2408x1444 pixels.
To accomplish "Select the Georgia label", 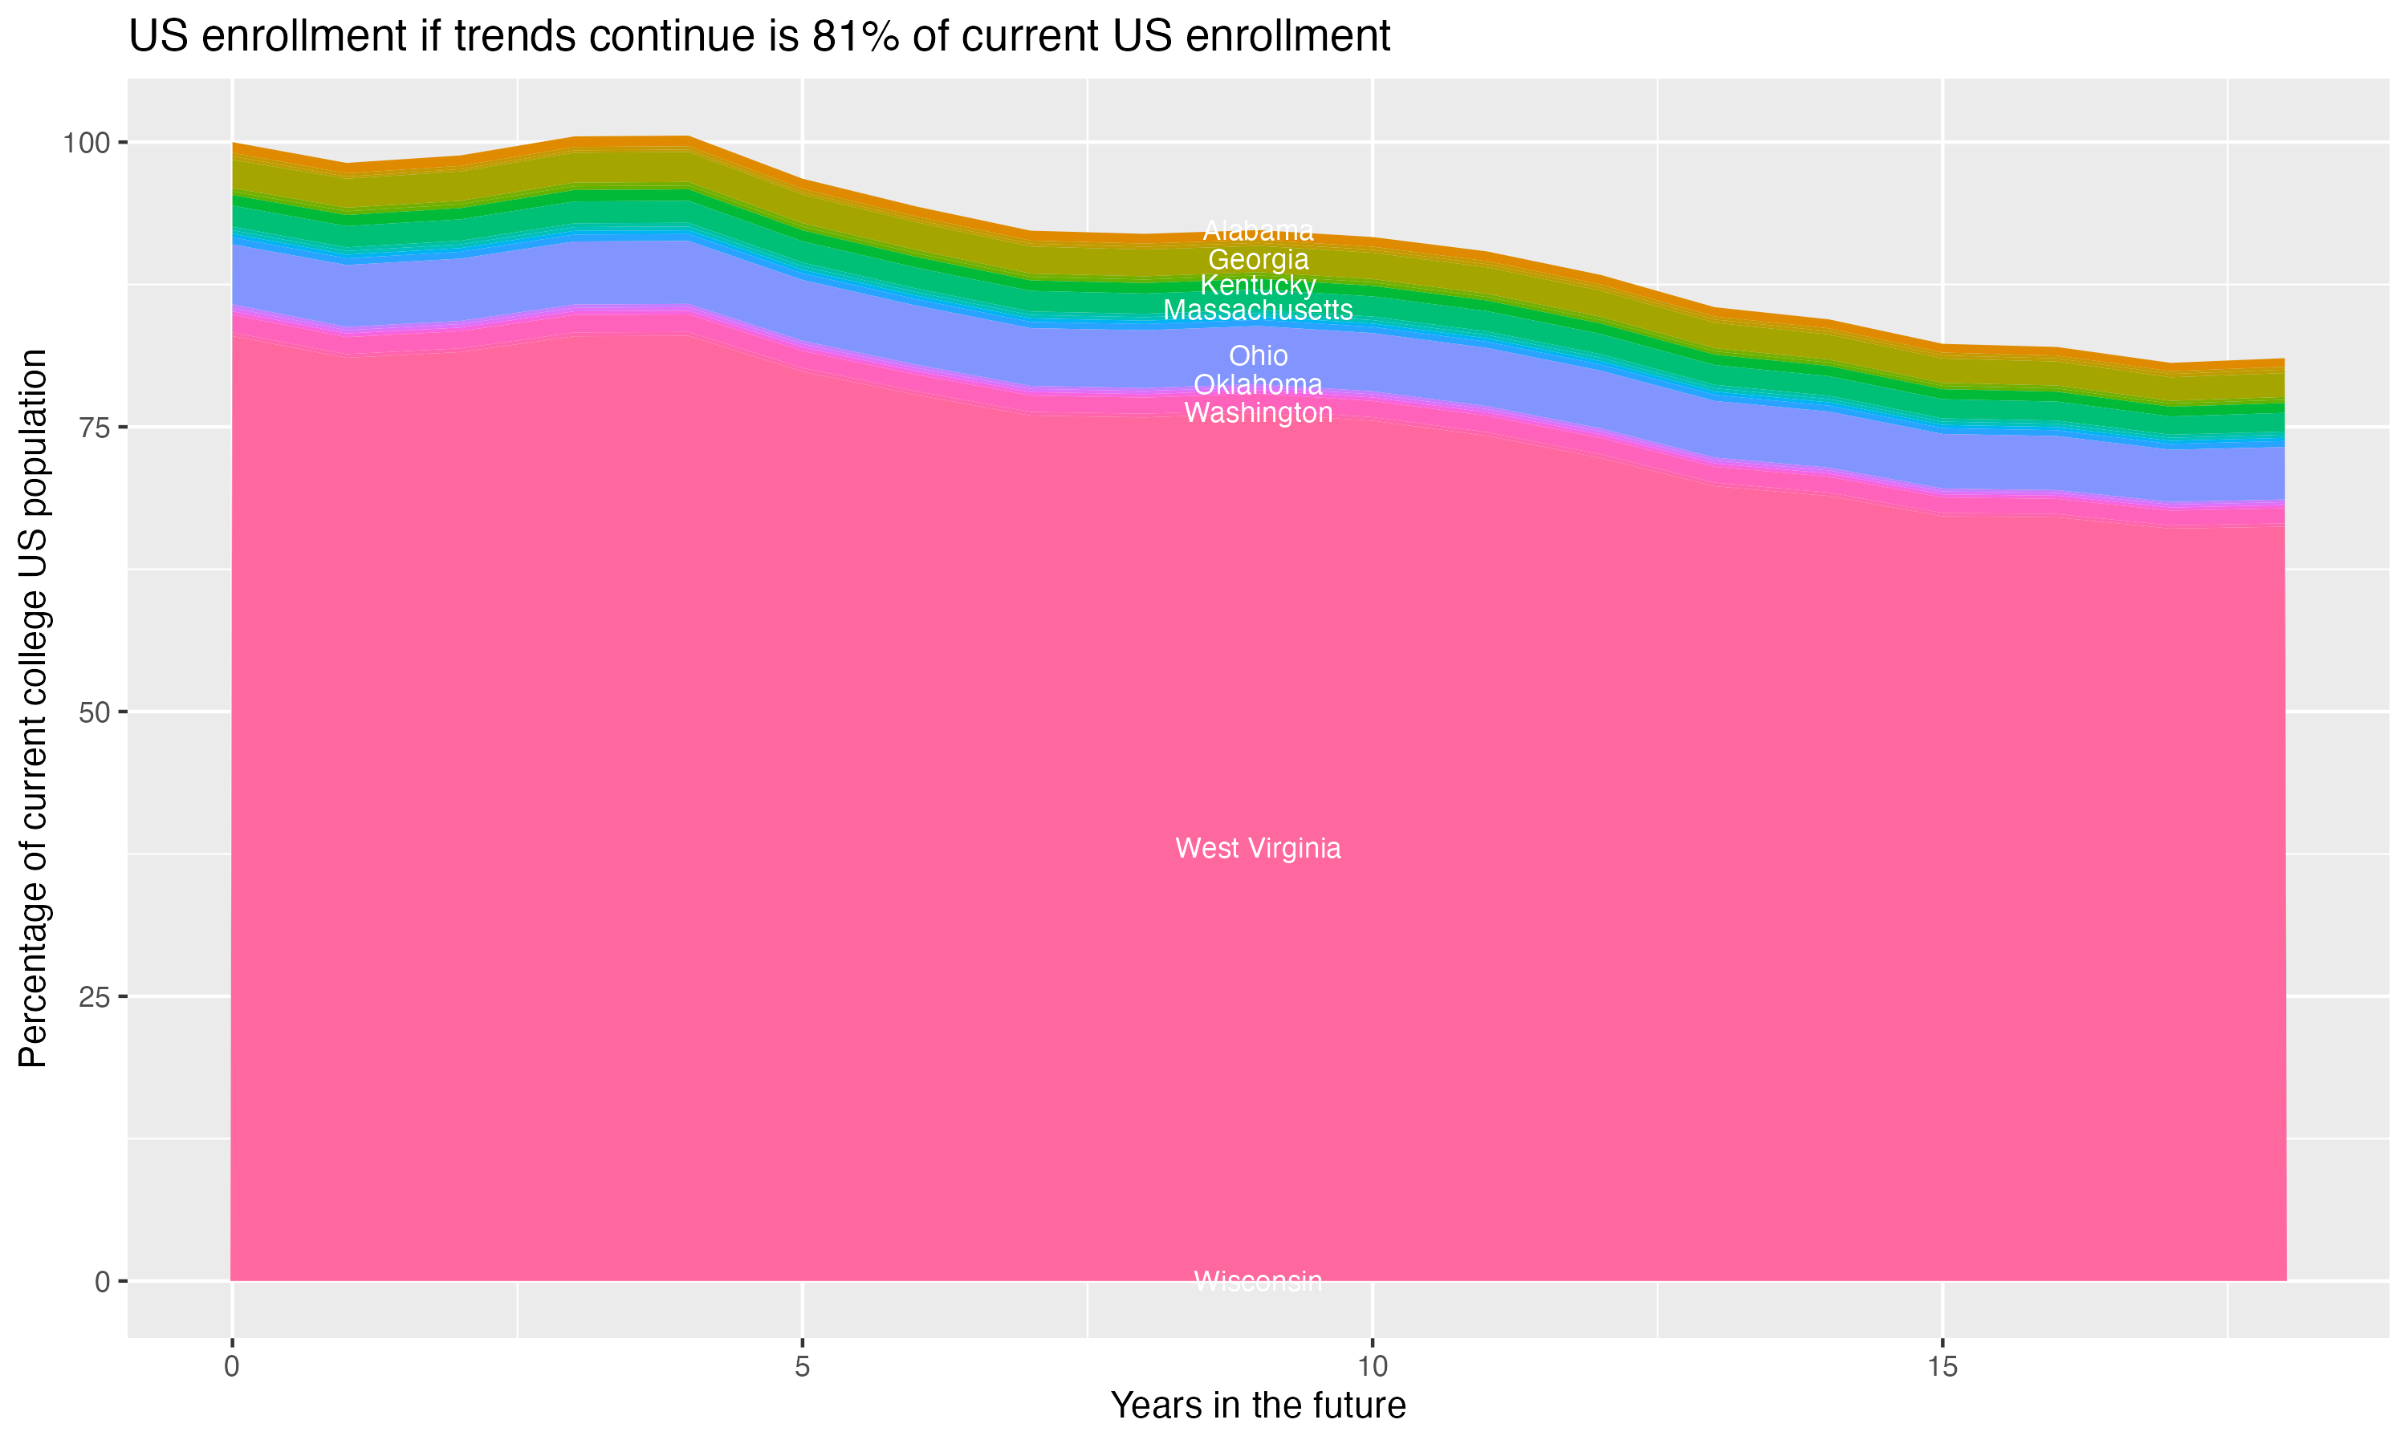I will pyautogui.click(x=1258, y=260).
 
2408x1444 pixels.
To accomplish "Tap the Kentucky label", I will pyautogui.click(x=1258, y=285).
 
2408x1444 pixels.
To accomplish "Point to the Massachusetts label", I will pyautogui.click(x=1258, y=310).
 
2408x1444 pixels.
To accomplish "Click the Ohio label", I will pyautogui.click(x=1258, y=356).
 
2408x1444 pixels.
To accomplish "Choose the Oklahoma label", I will pyautogui.click(x=1258, y=384).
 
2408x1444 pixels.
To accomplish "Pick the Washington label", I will pyautogui.click(x=1258, y=412).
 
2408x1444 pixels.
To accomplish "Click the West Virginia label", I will pyautogui.click(x=1258, y=849).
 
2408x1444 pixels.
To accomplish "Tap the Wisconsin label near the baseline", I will pyautogui.click(x=1258, y=1281).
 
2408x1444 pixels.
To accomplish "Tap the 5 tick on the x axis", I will pyautogui.click(x=802, y=1367).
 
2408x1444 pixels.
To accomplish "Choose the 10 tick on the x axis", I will pyautogui.click(x=1372, y=1367).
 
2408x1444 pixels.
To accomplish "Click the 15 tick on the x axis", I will pyautogui.click(x=1942, y=1367).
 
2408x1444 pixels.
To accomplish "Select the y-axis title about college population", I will pyautogui.click(x=33, y=708).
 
